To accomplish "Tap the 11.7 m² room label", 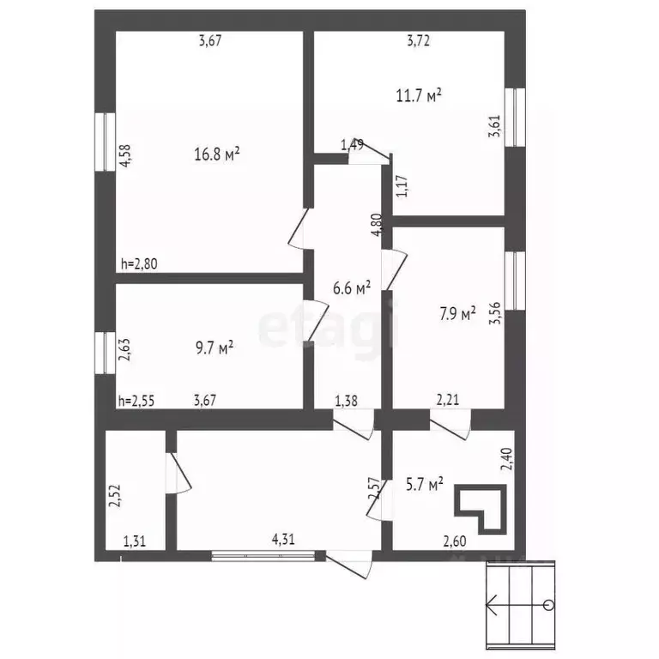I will click(419, 95).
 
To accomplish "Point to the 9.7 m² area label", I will click(214, 348).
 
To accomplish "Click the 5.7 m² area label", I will click(423, 486).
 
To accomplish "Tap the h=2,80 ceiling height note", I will click(141, 265).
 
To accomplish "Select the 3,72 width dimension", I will click(418, 39).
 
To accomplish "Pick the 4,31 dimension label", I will click(283, 540).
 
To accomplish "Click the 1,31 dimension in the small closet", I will click(135, 541).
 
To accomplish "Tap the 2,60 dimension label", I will click(454, 541).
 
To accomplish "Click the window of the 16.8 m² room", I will click(105, 140).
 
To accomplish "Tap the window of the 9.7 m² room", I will click(105, 354).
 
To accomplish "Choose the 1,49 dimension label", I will click(352, 145).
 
